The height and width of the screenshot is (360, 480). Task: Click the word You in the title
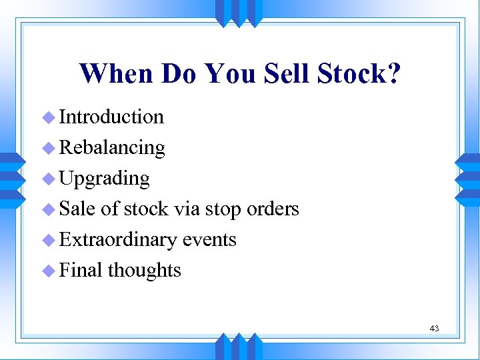click(x=229, y=74)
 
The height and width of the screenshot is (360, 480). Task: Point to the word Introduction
click(x=111, y=117)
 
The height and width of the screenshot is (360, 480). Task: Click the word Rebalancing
click(x=112, y=147)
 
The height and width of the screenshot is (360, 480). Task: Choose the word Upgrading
click(x=105, y=179)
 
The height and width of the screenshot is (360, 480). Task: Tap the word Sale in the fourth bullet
click(x=78, y=209)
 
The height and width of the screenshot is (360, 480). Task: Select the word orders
click(x=273, y=209)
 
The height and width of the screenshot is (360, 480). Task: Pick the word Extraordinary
click(x=120, y=240)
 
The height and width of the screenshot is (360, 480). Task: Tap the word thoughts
click(x=144, y=270)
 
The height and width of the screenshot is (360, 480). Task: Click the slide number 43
click(x=434, y=328)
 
